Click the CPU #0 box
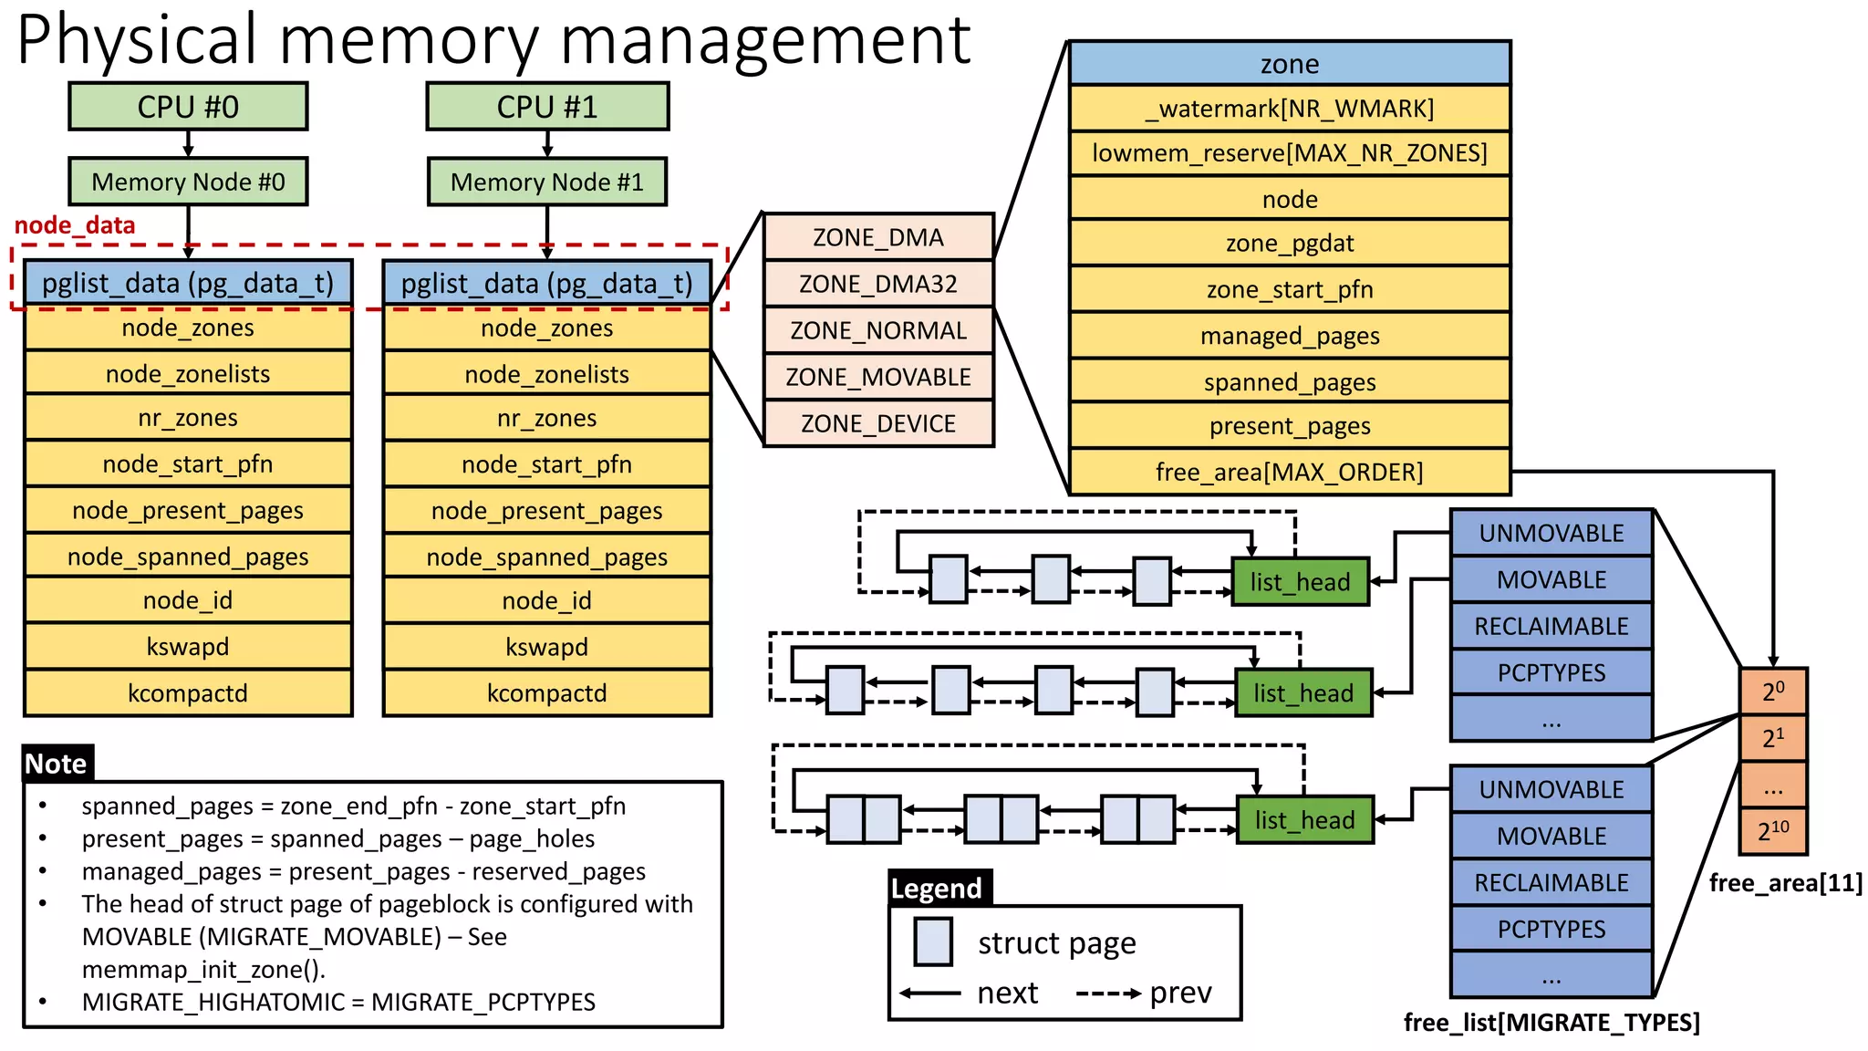(188, 107)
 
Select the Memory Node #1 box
(546, 182)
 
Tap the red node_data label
(75, 225)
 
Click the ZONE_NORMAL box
(878, 330)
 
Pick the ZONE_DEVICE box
(878, 423)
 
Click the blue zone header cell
(1289, 64)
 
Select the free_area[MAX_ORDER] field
(1289, 472)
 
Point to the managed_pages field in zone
(1289, 336)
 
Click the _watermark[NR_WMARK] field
(1289, 109)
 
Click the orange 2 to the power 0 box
(1773, 692)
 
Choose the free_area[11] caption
(1785, 883)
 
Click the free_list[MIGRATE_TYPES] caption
(1551, 1023)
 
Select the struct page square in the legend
(933, 942)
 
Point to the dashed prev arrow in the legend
(1107, 994)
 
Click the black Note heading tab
(57, 764)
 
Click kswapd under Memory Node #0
(188, 647)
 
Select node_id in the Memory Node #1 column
(546, 600)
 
